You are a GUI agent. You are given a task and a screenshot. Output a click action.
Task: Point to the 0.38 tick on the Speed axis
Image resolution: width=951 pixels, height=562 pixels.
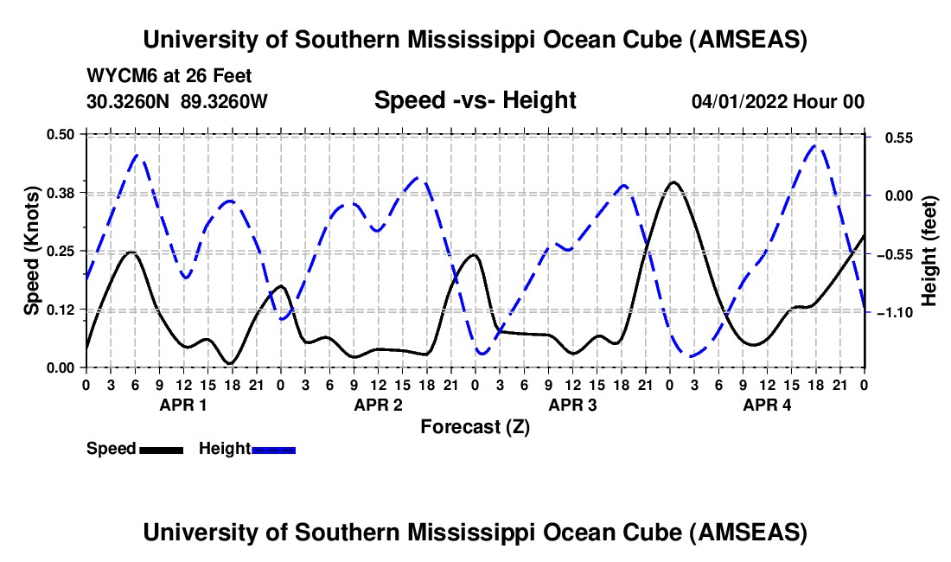[61, 192]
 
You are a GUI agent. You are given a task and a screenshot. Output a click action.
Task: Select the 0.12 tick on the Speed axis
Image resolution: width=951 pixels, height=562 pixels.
[61, 310]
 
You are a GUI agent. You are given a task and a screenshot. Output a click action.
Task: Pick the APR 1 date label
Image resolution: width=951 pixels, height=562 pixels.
[182, 405]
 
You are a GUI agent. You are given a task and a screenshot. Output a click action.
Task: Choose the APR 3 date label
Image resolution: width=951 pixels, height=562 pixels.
[572, 405]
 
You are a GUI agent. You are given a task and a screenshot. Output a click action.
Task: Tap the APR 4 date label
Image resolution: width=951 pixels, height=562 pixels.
[767, 405]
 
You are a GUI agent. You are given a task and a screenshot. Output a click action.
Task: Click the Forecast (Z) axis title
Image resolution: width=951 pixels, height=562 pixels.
[475, 426]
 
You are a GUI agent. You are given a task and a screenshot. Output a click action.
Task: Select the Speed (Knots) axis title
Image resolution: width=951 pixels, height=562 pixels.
[32, 250]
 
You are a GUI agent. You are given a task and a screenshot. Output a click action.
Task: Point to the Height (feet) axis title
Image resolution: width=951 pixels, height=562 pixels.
[929, 251]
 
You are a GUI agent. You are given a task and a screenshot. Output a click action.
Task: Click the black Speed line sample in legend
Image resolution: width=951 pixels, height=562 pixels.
[161, 450]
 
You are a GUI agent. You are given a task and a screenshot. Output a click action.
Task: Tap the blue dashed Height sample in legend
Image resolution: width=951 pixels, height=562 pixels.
[273, 450]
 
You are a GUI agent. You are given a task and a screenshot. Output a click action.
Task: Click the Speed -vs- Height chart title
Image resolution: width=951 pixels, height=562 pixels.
[475, 100]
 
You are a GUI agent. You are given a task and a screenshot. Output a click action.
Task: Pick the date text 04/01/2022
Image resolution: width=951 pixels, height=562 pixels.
[741, 102]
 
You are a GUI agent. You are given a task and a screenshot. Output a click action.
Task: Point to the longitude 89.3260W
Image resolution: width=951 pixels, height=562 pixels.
[225, 101]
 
